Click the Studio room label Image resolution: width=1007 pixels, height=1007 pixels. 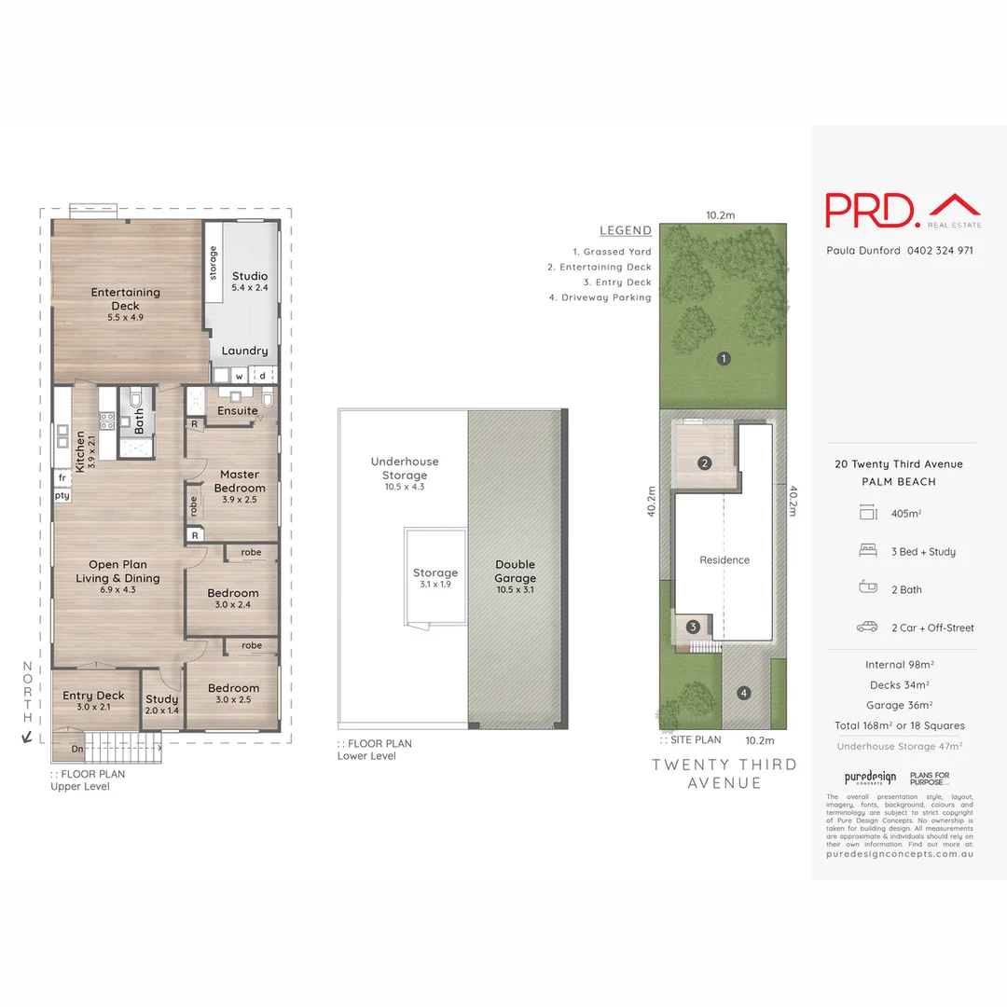click(250, 276)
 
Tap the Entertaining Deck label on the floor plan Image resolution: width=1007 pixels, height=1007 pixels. click(125, 298)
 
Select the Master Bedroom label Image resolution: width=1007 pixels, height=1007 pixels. click(240, 481)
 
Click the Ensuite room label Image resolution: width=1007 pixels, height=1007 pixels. click(238, 410)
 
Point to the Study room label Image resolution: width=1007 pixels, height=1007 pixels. click(162, 699)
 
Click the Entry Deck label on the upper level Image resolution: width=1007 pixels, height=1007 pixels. click(93, 696)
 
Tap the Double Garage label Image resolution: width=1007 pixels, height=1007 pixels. click(516, 571)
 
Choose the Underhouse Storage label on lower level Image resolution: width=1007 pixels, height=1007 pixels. click(404, 468)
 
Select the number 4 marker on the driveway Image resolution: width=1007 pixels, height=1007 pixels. click(743, 693)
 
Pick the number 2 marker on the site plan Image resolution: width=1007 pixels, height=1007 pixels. click(705, 462)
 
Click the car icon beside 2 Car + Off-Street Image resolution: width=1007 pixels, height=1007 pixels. click(867, 628)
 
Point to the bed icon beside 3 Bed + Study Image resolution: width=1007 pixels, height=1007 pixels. click(867, 551)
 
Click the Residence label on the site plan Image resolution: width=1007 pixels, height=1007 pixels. click(724, 560)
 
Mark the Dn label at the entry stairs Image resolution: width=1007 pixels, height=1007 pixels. click(76, 748)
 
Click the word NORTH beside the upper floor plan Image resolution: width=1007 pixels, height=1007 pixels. click(27, 692)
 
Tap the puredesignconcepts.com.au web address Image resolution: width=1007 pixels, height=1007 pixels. click(900, 854)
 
